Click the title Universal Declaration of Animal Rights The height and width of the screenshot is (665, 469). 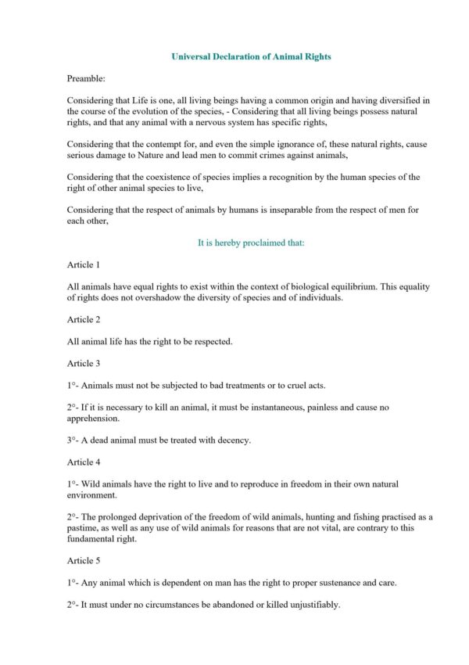point(251,57)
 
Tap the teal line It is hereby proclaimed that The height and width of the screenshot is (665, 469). point(251,243)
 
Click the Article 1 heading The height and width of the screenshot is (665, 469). point(84,265)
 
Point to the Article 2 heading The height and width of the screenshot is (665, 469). point(84,319)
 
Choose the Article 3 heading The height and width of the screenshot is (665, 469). point(84,363)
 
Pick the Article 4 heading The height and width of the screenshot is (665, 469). point(84,462)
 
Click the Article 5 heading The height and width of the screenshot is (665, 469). point(84,561)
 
